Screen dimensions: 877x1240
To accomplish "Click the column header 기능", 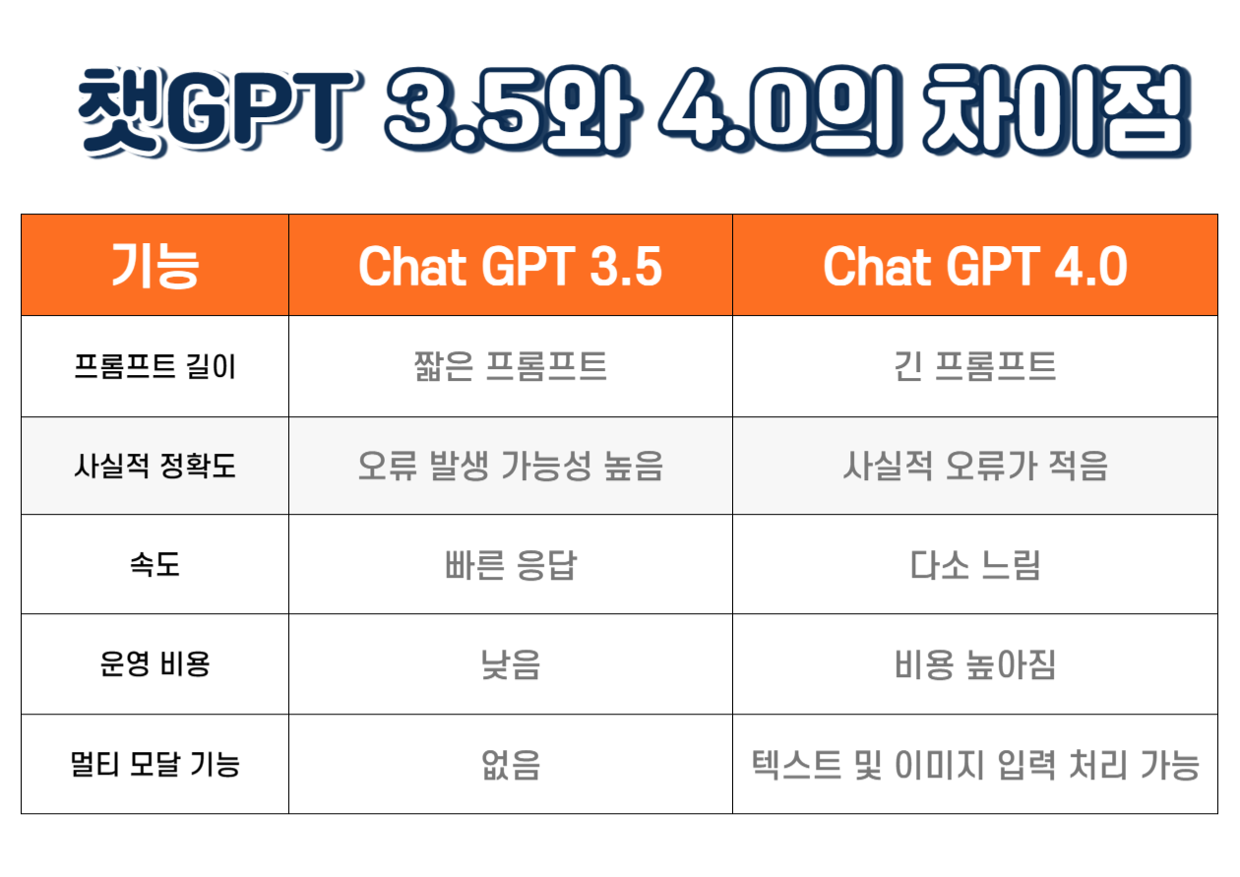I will pyautogui.click(x=155, y=266).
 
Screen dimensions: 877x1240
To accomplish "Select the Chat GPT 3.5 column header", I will pyautogui.click(x=510, y=266).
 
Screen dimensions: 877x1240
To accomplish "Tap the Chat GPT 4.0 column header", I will pyautogui.click(x=974, y=266).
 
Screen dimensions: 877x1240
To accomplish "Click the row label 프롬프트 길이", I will pyautogui.click(x=155, y=367).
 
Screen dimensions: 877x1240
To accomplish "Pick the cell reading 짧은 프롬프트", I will pyautogui.click(x=510, y=367).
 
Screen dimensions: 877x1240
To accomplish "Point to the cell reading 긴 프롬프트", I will pyautogui.click(x=974, y=367).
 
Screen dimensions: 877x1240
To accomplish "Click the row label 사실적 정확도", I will pyautogui.click(x=155, y=466).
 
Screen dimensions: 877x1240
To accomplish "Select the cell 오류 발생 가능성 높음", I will pyautogui.click(x=510, y=466).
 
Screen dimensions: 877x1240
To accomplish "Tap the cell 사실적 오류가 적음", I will pyautogui.click(x=974, y=466).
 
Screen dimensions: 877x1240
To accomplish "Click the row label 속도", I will pyautogui.click(x=155, y=566).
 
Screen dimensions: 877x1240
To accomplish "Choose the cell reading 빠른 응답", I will pyautogui.click(x=510, y=566).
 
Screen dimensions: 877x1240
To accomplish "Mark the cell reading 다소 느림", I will pyautogui.click(x=974, y=566).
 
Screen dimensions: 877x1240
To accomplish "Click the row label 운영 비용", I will pyautogui.click(x=155, y=665).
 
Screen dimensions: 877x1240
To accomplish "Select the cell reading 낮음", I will pyautogui.click(x=510, y=665).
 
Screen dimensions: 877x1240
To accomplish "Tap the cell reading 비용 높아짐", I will pyautogui.click(x=974, y=665).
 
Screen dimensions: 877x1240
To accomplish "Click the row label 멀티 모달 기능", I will pyautogui.click(x=155, y=765).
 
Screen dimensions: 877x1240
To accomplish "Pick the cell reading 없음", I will pyautogui.click(x=510, y=765).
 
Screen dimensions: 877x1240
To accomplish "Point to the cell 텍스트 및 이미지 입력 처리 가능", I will pyautogui.click(x=974, y=765).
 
